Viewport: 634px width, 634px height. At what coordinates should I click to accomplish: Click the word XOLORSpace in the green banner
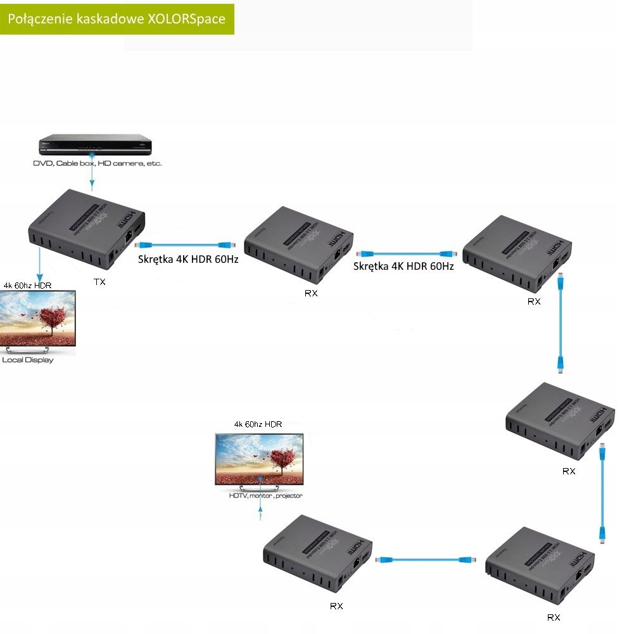click(x=186, y=19)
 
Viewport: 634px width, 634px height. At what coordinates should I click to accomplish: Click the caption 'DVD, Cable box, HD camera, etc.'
click(x=98, y=163)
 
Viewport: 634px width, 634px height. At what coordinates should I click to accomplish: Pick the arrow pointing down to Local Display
click(x=39, y=266)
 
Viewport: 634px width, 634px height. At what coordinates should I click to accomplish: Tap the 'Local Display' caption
click(x=28, y=360)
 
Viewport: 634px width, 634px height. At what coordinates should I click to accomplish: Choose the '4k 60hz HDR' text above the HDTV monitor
click(x=258, y=424)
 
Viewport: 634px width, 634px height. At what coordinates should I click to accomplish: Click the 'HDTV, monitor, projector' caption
click(x=266, y=496)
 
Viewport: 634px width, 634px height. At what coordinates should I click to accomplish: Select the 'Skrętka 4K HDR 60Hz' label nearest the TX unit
click(x=189, y=259)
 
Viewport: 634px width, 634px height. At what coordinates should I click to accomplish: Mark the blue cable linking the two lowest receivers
click(x=421, y=560)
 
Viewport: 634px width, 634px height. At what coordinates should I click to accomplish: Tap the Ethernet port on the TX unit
click(x=129, y=238)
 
